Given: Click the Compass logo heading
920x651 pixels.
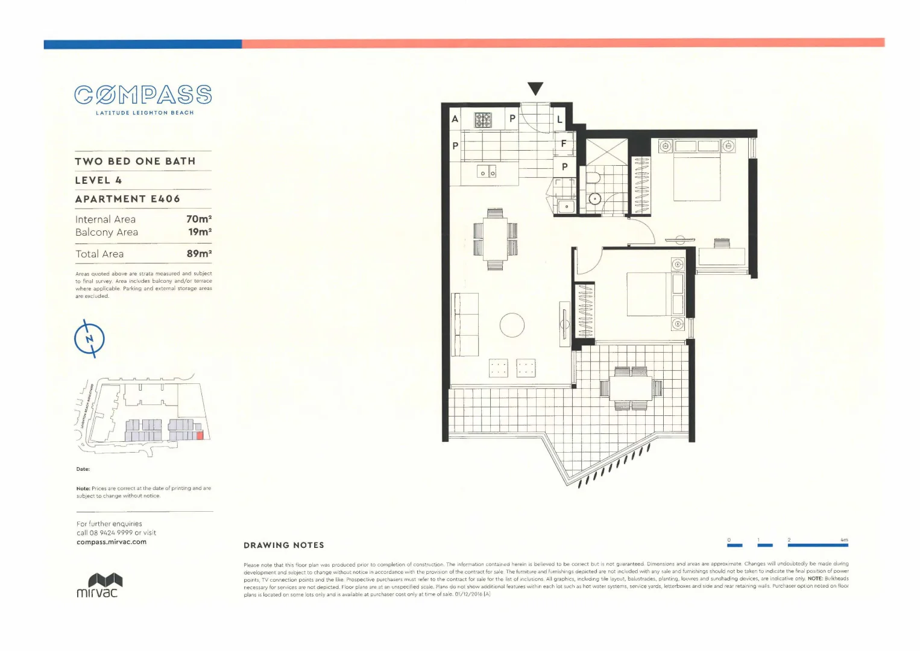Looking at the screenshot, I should tap(143, 95).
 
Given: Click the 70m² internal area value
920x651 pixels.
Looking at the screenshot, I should tap(199, 219).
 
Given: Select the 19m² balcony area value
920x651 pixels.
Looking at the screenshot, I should tap(200, 232).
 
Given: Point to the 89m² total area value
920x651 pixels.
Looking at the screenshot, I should tap(199, 254).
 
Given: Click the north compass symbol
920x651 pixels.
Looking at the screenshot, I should tap(89, 339).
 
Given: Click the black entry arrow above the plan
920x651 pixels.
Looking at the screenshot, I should tap(535, 89).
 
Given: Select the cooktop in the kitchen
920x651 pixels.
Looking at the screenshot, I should tap(483, 119).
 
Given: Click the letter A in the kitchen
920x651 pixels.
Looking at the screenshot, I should tap(455, 119).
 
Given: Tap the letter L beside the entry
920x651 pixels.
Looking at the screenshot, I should tap(559, 119).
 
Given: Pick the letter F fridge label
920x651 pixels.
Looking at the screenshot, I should tap(564, 144).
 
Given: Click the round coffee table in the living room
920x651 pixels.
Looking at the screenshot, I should tap(512, 325).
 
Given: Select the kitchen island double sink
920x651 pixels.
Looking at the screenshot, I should tap(487, 172).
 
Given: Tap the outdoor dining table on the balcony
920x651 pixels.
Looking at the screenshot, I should tap(631, 388).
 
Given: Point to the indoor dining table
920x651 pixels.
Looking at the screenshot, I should tap(496, 239).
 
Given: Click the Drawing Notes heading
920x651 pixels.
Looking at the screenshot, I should tap(284, 546).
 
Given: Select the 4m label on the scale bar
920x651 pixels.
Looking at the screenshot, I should tap(844, 540).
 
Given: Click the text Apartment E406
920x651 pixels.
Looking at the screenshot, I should tap(127, 199).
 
